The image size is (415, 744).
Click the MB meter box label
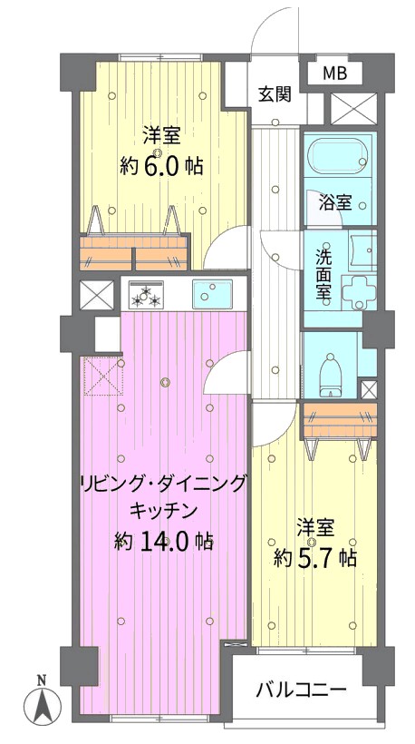coord(335,73)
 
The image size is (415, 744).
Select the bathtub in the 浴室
coord(337,154)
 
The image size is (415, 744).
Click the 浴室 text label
coord(334,203)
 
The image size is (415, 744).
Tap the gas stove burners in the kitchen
coord(146,294)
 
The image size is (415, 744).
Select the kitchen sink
coord(212,294)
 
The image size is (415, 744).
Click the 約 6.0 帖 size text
coord(161,167)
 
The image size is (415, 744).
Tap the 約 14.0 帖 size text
coord(163,541)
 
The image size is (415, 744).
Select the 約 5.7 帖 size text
coord(314,559)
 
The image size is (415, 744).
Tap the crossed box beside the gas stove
coord(97,296)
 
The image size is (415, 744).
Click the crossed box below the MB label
coord(353,109)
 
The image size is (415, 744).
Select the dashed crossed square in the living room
coord(103,377)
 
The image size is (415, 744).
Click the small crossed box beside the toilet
coord(369,389)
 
